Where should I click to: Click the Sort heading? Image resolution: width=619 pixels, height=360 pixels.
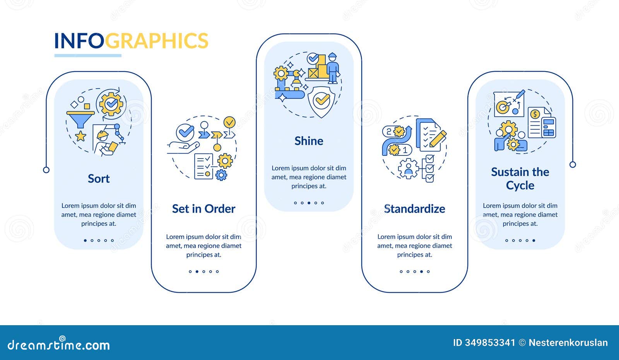coord(99,179)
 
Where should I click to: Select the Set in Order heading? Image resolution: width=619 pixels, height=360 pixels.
coord(203,209)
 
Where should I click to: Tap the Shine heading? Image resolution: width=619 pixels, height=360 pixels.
coord(309,141)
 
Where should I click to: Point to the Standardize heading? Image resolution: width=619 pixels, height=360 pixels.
coord(414,209)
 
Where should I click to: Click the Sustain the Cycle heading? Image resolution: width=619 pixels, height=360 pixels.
coord(520,178)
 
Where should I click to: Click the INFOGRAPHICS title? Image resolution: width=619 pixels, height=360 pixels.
coord(131,41)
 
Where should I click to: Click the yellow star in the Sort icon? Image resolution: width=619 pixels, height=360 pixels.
coord(80,136)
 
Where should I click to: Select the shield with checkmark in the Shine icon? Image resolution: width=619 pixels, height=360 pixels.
coord(321,101)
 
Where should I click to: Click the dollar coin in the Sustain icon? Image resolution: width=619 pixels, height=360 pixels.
coord(535,114)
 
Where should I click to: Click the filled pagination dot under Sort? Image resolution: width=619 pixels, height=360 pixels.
coord(85,241)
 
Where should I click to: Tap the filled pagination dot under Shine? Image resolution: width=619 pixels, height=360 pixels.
coord(309,203)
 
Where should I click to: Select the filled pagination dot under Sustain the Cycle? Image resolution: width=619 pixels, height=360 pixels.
coord(534,241)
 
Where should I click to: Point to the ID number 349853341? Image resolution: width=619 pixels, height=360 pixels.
coord(484,343)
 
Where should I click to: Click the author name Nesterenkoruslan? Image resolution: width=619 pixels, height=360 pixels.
coord(568,343)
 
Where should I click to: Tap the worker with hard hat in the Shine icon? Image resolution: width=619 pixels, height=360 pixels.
coord(332,68)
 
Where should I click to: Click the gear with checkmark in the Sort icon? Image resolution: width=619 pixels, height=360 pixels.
coord(111,104)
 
